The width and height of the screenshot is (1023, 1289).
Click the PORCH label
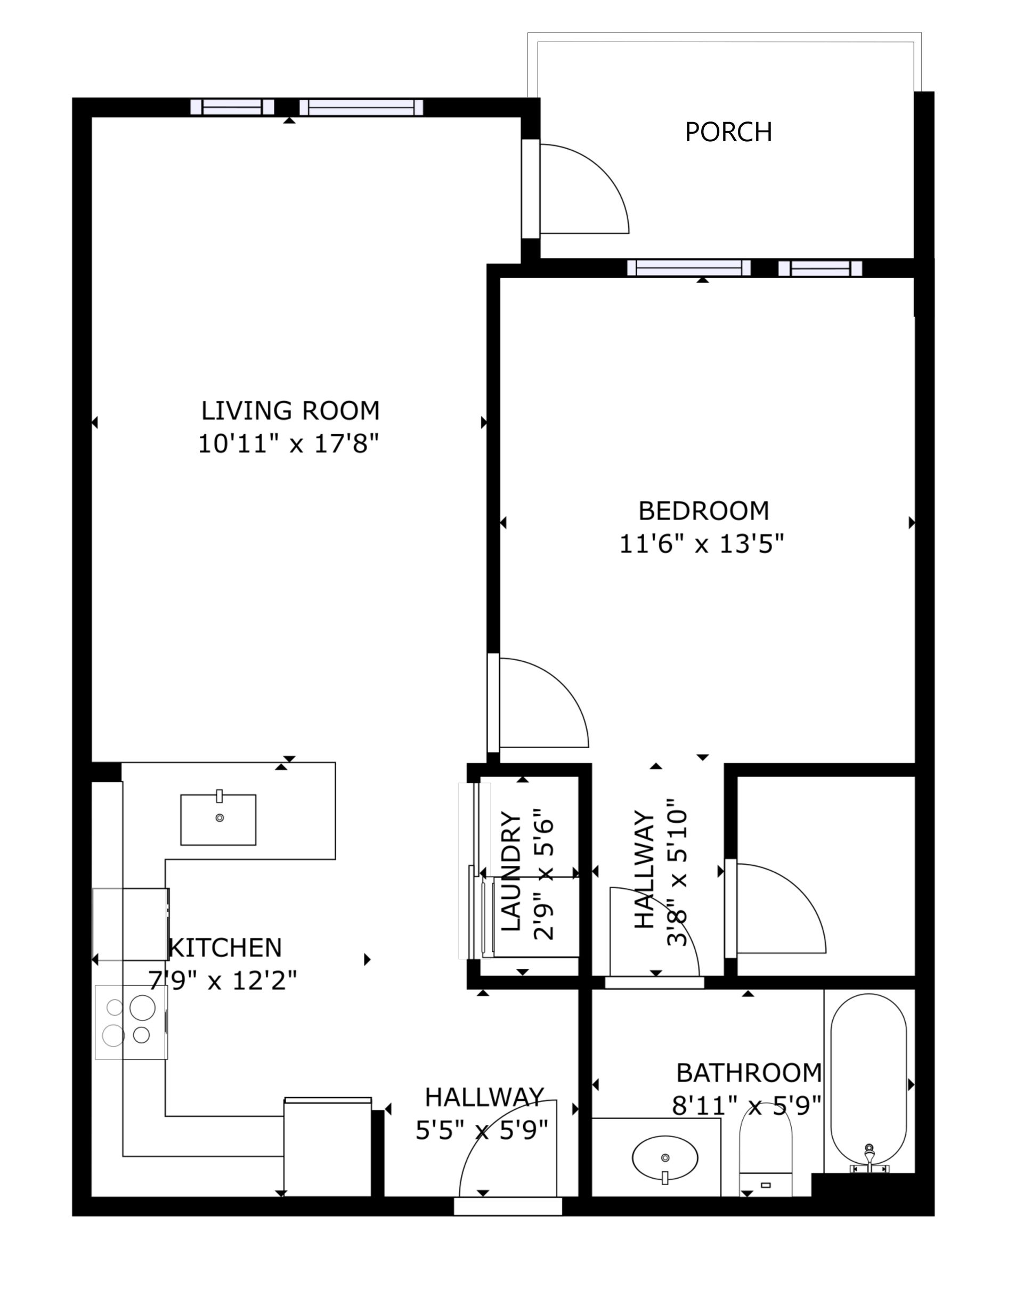(728, 132)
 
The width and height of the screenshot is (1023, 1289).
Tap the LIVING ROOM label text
(290, 411)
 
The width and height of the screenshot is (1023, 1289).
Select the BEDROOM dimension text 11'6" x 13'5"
(701, 544)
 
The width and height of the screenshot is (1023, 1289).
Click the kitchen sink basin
(218, 820)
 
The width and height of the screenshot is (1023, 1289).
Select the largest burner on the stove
(142, 1008)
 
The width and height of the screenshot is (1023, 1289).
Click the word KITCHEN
(226, 947)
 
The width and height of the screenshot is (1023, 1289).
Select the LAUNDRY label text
(511, 871)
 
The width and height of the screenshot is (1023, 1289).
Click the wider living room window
(361, 108)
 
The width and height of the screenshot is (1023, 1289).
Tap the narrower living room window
(232, 107)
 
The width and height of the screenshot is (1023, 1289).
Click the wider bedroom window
(689, 268)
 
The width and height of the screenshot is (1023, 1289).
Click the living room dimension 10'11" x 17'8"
(289, 444)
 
